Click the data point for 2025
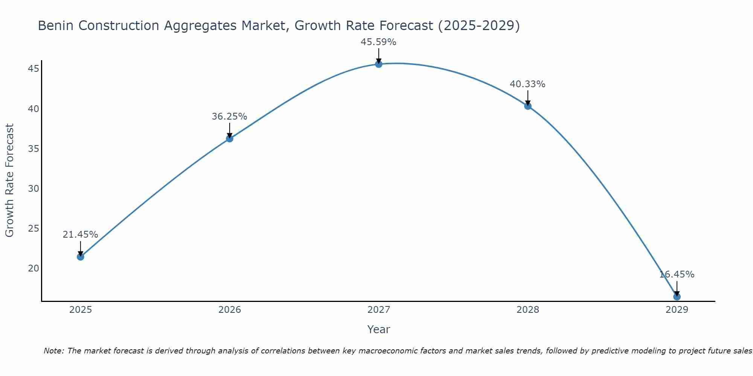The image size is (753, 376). pyautogui.click(x=81, y=257)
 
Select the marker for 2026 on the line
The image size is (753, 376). pyautogui.click(x=230, y=139)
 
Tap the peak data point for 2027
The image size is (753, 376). pyautogui.click(x=379, y=64)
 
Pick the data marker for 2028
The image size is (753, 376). pyautogui.click(x=528, y=106)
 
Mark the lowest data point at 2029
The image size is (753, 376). pyautogui.click(x=677, y=297)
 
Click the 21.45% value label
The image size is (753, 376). pyautogui.click(x=80, y=235)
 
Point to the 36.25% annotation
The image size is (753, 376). pyautogui.click(x=229, y=117)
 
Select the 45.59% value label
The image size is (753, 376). pyautogui.click(x=378, y=42)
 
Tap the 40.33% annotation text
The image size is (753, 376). pyautogui.click(x=527, y=84)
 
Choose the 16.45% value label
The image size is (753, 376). pyautogui.click(x=677, y=274)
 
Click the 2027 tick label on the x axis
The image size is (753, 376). pyautogui.click(x=379, y=310)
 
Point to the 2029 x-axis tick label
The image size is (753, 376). pyautogui.click(x=677, y=310)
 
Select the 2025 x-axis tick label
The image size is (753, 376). pyautogui.click(x=81, y=310)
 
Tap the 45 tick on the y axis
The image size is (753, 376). pyautogui.click(x=34, y=69)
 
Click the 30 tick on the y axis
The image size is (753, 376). pyautogui.click(x=34, y=188)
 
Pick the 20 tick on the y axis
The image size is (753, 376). pyautogui.click(x=34, y=268)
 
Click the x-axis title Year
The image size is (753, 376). pyautogui.click(x=378, y=329)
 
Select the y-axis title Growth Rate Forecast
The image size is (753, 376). pyautogui.click(x=9, y=180)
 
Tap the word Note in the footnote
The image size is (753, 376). pyautogui.click(x=53, y=351)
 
